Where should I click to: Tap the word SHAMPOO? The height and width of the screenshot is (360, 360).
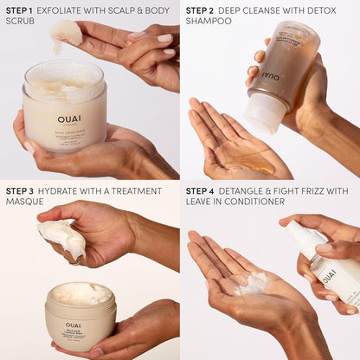(209, 20)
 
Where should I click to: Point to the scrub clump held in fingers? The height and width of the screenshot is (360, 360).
(66, 32)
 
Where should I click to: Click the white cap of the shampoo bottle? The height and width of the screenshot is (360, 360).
(261, 113)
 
